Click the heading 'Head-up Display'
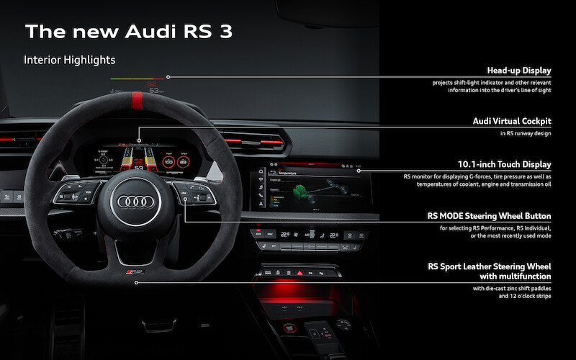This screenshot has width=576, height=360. pyautogui.click(x=518, y=71)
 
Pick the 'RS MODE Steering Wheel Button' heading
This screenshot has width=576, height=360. pyautogui.click(x=490, y=215)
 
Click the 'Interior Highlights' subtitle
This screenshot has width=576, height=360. pyautogui.click(x=70, y=59)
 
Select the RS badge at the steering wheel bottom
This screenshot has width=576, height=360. pyautogui.click(x=137, y=274)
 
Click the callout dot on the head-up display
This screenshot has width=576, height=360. pyautogui.click(x=168, y=76)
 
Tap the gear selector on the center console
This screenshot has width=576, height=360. pyautogui.click(x=320, y=335)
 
